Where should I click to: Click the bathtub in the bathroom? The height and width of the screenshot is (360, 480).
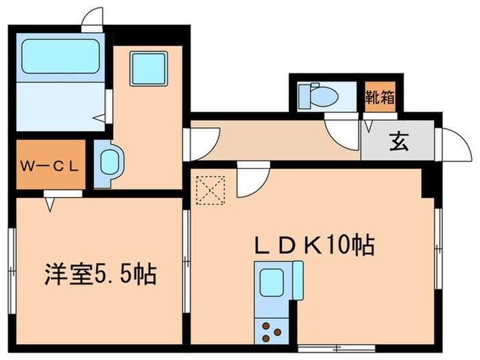click(60, 56)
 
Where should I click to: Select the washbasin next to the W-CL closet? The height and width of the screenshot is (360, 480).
click(108, 163)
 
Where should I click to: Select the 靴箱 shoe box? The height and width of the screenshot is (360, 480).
click(380, 96)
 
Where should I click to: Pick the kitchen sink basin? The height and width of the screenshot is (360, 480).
click(272, 283)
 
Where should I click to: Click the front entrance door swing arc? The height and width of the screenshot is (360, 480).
click(453, 145)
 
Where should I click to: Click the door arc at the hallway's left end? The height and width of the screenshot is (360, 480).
click(203, 143)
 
